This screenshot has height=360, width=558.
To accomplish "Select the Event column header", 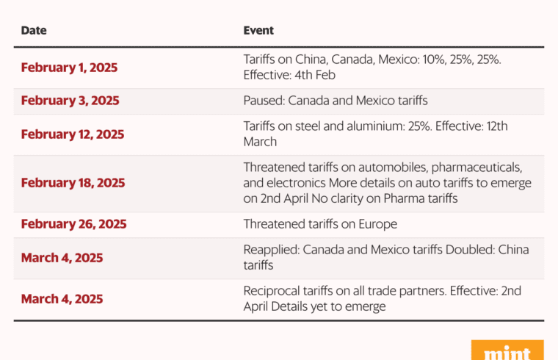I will coord(258,31).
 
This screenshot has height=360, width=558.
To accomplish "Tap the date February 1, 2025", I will coord(69,68).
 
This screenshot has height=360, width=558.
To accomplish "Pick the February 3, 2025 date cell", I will coord(70,101).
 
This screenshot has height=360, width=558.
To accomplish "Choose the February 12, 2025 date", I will coord(73,134).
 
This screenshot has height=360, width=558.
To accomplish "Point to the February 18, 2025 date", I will coord(73,183).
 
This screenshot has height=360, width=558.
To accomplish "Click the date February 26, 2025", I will coord(73,224).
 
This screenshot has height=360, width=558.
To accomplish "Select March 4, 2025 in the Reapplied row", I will coord(62,258).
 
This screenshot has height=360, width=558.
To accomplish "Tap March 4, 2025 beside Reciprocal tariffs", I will coord(62,299).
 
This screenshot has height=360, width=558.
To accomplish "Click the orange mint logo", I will coord(507,351).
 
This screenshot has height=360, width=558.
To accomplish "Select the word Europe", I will coord(377,224).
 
